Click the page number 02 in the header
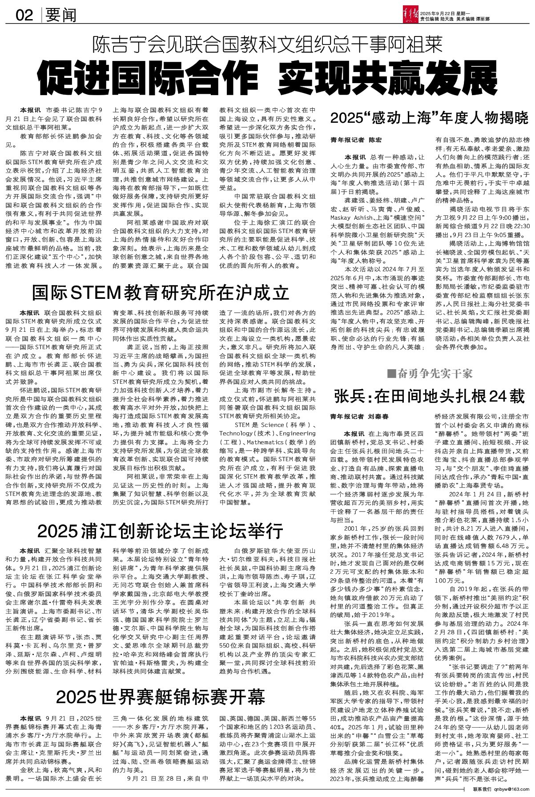point(24,16)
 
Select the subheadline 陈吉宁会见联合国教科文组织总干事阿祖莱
point(267,45)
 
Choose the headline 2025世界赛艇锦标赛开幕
point(161,696)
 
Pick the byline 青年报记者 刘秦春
point(359,417)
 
